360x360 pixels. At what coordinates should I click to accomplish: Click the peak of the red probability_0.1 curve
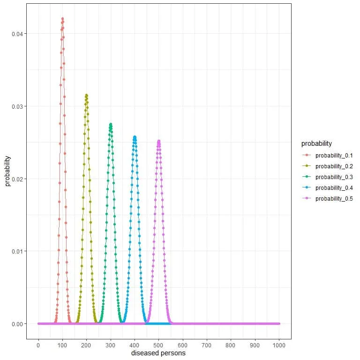pos(62,19)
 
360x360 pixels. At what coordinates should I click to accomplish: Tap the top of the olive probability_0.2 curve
pos(86,95)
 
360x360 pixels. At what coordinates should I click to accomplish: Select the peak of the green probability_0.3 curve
pos(111,124)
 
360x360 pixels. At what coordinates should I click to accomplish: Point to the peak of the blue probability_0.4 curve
pos(135,137)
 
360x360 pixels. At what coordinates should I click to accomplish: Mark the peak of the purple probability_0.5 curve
pos(158,141)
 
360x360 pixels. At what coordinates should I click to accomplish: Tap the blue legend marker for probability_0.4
pos(307,188)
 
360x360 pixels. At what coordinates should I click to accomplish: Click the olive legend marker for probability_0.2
pos(307,166)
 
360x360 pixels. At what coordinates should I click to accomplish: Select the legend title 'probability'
pos(317,143)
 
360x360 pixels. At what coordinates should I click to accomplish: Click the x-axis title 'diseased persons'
pos(158,353)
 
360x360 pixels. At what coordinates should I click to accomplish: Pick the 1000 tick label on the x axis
pos(279,345)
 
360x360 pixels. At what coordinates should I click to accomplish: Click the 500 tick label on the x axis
pos(158,345)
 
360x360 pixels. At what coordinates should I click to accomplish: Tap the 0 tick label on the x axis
pos(38,345)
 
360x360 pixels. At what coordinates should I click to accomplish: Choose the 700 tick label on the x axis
pos(207,345)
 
